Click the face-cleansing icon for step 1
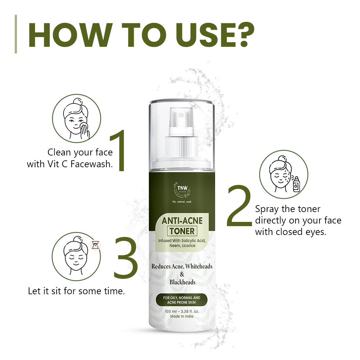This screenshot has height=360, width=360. pos(77,118)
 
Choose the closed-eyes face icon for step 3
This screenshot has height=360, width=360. pos(76,256)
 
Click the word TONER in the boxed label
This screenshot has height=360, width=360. pos(182,231)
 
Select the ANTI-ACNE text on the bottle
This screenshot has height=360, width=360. pos(182,220)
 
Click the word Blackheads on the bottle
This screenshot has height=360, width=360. pos(182,282)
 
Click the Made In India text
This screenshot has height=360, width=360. pos(182,316)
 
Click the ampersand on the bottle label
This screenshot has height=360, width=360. pos(182,274)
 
